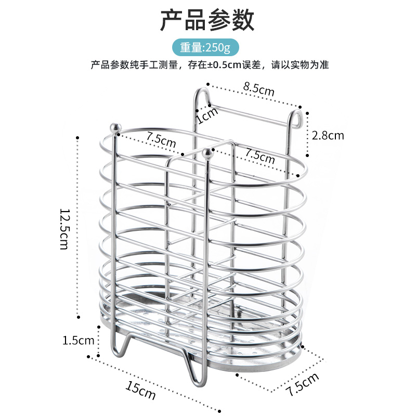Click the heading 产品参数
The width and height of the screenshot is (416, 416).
[207, 21]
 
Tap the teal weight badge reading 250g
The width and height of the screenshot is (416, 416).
[207, 47]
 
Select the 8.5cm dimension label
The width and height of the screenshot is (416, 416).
[259, 89]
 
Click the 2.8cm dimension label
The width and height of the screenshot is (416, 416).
[328, 136]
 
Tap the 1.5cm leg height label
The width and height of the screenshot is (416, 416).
[78, 341]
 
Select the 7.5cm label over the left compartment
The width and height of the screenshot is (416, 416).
[161, 139]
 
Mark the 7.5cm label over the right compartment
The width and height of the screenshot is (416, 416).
[259, 156]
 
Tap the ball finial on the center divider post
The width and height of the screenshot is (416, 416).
[207, 153]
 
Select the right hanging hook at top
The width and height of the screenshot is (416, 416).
[297, 117]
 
